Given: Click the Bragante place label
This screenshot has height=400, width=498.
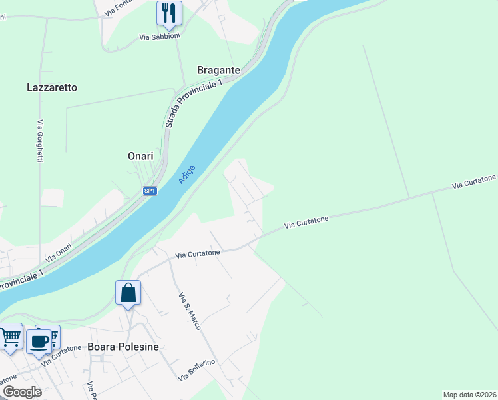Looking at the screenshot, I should (x=218, y=70).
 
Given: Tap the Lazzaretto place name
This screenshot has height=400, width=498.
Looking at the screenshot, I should (x=52, y=87).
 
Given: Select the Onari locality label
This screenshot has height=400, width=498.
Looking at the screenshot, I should (x=140, y=156).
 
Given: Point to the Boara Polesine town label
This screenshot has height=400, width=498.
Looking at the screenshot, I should (x=123, y=347).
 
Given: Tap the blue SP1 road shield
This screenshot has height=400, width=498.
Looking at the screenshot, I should (x=150, y=191).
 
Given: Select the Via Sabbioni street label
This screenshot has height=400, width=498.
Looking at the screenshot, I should (x=160, y=37).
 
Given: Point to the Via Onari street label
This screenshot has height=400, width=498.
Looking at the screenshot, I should (x=59, y=251).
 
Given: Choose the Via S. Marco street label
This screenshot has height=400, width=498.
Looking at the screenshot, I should (x=190, y=311).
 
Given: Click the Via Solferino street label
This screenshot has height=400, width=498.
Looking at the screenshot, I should (x=196, y=371).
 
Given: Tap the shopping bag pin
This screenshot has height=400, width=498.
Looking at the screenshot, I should (x=128, y=293).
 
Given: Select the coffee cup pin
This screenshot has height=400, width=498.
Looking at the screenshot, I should (x=39, y=341).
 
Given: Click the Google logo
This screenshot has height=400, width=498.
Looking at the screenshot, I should (x=21, y=392).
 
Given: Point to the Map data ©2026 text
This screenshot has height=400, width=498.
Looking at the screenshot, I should (x=470, y=395).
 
